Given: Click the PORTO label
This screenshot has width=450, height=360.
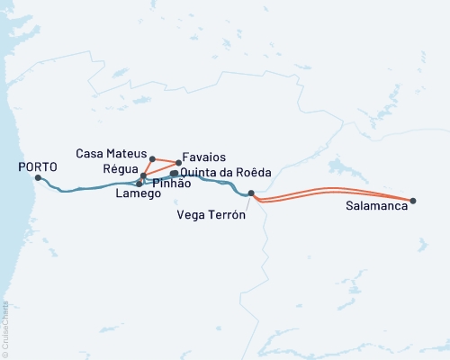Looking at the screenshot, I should (37, 166).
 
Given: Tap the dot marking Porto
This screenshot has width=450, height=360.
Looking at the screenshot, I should (37, 177).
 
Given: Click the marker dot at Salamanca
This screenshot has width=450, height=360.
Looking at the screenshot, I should (413, 201).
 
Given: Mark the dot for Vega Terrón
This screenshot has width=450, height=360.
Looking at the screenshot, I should (251, 193).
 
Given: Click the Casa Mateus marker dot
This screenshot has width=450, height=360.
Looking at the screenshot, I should (152, 157).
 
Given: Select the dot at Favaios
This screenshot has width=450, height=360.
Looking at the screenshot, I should (178, 163).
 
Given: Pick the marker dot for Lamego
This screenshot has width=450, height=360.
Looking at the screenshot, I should (139, 184).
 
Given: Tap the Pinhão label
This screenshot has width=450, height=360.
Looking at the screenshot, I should (170, 183).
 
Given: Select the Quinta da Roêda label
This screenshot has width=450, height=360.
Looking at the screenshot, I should (225, 172).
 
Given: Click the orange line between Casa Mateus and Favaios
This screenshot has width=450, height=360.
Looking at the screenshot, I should (166, 160).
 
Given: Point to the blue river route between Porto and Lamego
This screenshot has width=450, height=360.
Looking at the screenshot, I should (90, 188).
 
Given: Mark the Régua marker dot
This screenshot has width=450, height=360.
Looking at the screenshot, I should (143, 175).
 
